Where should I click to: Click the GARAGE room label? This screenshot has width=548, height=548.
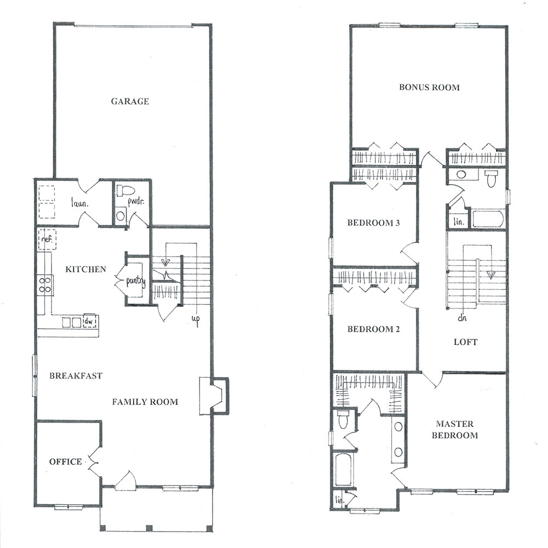130,101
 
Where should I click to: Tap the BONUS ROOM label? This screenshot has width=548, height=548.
429,87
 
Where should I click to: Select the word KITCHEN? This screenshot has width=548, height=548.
85,269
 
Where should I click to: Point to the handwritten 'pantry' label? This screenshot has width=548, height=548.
135,281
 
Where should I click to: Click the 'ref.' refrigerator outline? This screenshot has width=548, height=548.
47,239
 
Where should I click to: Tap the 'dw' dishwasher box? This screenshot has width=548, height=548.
89,321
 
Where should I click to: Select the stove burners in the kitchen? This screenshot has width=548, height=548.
45,284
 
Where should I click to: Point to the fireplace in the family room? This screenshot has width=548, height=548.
214,396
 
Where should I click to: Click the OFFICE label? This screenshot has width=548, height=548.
66,461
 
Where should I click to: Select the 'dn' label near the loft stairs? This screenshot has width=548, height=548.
461,318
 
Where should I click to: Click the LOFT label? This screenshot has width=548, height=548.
465,342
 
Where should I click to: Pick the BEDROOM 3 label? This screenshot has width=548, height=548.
373,223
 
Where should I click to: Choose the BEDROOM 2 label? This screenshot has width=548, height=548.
373,329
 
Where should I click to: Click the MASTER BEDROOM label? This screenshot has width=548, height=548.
455,430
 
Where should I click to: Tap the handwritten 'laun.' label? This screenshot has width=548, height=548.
79,203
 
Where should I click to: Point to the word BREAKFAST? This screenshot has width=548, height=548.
76,376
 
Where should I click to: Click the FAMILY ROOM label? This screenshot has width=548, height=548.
145,402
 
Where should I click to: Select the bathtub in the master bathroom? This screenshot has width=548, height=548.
343,469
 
